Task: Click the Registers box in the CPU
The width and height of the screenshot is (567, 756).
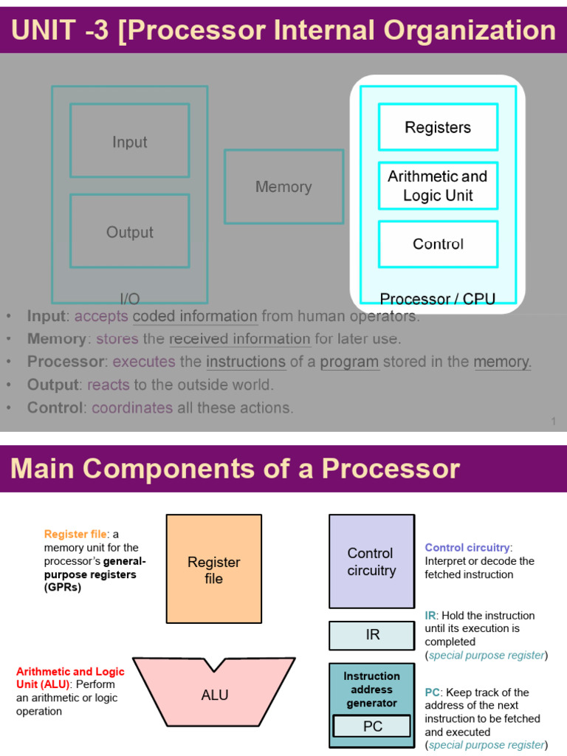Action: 438,127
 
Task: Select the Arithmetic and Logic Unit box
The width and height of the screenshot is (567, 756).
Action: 438,186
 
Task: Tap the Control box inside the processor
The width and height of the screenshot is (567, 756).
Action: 438,244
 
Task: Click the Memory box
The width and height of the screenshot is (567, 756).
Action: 283,187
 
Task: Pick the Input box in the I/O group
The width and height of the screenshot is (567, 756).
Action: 129,141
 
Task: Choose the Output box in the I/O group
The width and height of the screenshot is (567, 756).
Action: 129,231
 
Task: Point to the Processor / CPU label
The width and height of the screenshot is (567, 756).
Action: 437,299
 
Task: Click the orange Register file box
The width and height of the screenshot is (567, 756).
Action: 213,569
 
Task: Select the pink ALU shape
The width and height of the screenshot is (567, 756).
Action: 214,695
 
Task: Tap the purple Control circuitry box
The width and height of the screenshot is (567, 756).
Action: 371,561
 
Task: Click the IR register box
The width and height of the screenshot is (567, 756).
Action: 372,635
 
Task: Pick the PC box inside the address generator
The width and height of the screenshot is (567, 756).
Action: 372,726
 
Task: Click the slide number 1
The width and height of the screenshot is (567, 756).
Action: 553,422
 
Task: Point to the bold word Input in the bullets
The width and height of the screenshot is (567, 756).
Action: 47,316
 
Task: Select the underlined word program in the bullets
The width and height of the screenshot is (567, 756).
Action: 349,362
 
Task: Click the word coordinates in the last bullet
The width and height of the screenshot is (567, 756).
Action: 132,408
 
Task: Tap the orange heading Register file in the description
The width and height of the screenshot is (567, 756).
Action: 75,534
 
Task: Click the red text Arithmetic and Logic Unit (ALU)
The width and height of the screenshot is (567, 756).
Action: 70,678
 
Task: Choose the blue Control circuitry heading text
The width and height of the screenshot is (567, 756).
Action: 467,548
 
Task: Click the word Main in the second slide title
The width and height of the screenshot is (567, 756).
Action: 41,469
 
